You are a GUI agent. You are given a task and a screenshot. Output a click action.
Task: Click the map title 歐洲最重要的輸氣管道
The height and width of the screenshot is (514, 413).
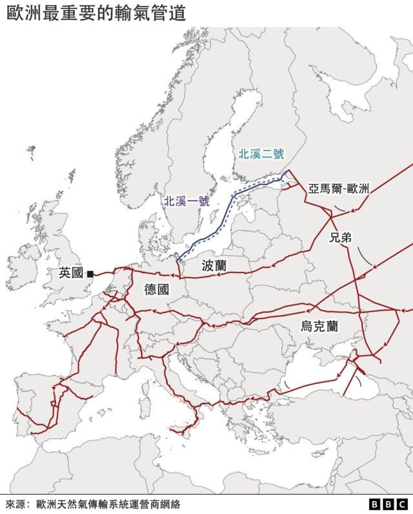pyautogui.click(x=96, y=14)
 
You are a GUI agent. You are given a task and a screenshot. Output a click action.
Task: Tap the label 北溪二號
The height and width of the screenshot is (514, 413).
pyautogui.click(x=261, y=154)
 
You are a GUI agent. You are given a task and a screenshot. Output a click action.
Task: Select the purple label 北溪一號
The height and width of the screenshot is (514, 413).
pyautogui.click(x=186, y=201)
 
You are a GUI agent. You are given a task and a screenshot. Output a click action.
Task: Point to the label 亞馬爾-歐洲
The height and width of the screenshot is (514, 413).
pyautogui.click(x=338, y=189)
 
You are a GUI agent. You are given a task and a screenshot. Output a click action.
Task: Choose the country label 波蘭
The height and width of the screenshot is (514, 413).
pyautogui.click(x=214, y=265)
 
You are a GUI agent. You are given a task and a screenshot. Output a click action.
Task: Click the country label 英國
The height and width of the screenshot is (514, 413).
pyautogui.click(x=71, y=273)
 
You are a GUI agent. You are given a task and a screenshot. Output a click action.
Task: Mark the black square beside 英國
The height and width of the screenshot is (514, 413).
pyautogui.click(x=90, y=274)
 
